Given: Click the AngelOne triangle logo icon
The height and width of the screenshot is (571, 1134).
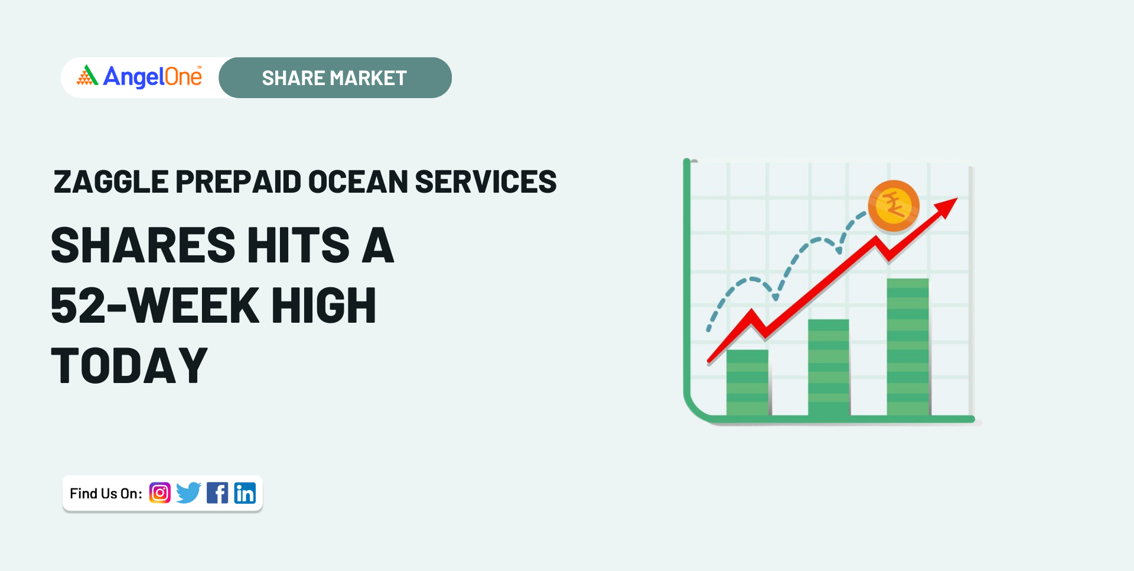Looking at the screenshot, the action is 87,75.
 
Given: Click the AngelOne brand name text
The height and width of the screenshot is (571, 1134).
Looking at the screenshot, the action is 152,77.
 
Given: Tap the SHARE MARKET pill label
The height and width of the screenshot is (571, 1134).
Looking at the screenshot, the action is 335,78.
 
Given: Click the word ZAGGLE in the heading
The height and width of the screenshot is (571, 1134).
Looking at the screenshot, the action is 111,181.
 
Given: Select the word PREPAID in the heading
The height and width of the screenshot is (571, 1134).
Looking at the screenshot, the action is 238,181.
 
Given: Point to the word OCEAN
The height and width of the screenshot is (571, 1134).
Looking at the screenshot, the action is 358,181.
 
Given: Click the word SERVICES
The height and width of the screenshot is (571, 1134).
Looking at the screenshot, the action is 485,181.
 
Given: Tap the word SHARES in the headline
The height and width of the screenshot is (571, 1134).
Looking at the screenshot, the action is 144,245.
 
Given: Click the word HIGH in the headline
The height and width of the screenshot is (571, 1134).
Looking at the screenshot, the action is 324,306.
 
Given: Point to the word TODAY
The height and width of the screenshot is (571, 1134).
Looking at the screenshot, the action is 129,366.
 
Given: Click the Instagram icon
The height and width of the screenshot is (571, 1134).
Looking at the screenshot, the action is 160,493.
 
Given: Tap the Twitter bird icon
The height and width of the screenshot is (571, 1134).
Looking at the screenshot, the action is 189,493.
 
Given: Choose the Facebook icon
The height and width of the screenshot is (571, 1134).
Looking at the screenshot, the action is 217,493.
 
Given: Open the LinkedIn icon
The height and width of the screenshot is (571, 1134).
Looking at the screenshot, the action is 245,493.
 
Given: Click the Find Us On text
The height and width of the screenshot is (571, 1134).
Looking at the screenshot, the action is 106,494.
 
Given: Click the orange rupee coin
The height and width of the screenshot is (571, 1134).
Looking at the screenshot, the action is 894,206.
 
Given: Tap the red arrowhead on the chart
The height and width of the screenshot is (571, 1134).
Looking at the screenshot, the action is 946,207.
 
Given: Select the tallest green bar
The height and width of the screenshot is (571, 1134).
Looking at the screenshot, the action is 908,348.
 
